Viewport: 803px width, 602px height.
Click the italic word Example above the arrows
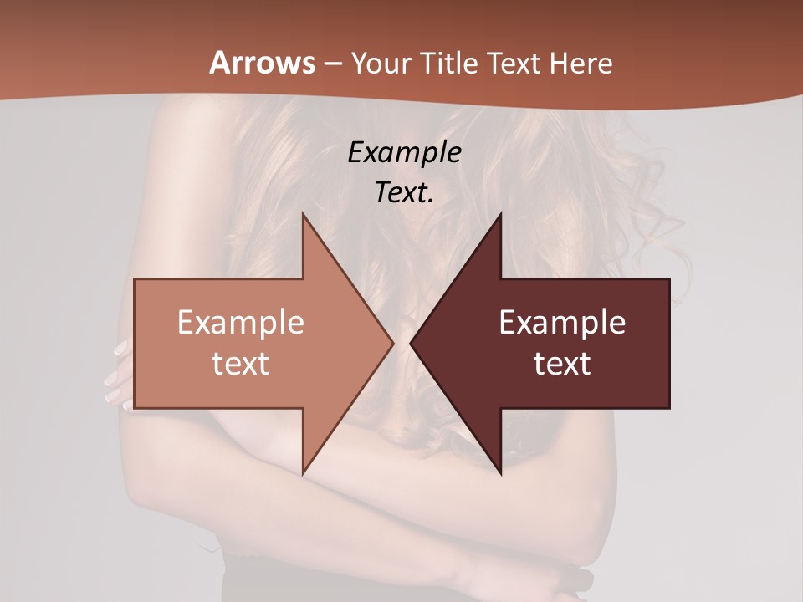pos(404,152)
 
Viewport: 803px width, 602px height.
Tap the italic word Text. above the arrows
pos(404,192)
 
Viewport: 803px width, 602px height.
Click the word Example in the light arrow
pos(241,322)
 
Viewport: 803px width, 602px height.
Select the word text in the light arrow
pos(241,363)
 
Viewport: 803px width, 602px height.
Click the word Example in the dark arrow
pos(562,322)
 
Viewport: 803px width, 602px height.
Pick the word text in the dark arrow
pos(562,363)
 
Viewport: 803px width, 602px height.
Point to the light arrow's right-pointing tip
pos(391,343)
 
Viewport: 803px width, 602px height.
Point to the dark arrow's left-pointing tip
pos(412,343)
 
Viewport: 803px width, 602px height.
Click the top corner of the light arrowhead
pos(303,215)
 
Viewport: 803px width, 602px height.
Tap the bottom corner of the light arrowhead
pos(303,472)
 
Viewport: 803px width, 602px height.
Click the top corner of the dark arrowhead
pos(500,215)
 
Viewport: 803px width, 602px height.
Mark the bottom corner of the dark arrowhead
pos(500,472)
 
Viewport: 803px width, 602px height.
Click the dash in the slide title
pos(333,64)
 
